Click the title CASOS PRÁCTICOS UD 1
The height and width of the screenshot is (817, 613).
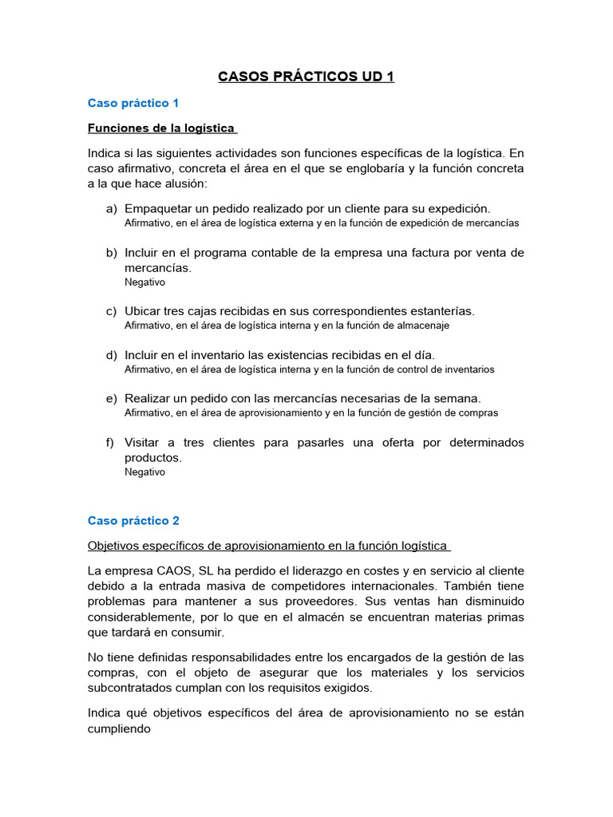306,77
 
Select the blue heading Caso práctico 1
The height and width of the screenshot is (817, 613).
133,103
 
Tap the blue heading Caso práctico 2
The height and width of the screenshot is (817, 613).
133,520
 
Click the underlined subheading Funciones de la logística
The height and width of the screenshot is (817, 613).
161,128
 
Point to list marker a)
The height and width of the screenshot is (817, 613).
112,209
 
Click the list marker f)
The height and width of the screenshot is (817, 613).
112,443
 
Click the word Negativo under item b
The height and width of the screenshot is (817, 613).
144,282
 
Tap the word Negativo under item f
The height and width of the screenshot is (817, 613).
144,472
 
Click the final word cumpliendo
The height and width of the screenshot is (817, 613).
119,728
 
